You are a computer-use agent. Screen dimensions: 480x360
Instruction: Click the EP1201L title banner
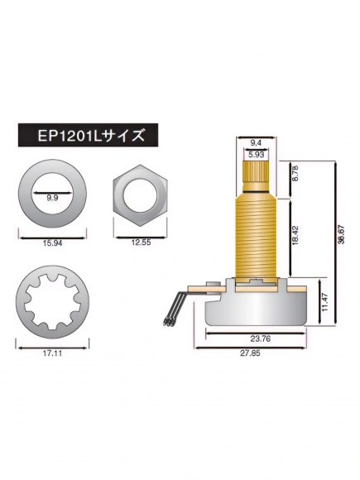(85, 132)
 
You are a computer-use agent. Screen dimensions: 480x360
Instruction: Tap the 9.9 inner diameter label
(52, 199)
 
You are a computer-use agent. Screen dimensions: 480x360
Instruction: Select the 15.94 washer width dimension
(51, 244)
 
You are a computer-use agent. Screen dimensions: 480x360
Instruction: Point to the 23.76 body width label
(259, 338)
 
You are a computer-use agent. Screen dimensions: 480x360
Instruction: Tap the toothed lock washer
(52, 304)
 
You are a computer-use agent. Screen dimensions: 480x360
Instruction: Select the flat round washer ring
(25, 195)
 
